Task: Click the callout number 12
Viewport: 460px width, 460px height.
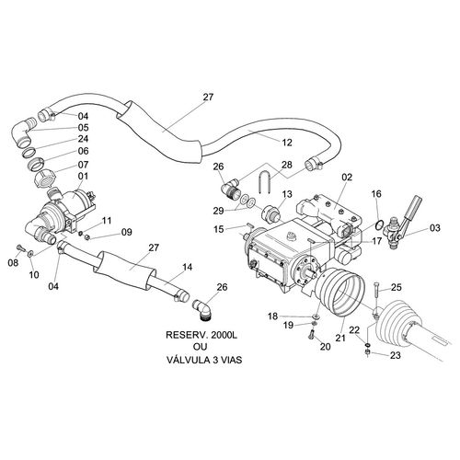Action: (287, 143)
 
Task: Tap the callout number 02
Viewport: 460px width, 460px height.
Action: (347, 178)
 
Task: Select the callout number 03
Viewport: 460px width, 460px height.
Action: (434, 228)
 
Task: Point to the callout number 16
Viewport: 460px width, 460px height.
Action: (376, 194)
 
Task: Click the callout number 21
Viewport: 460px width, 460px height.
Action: (340, 338)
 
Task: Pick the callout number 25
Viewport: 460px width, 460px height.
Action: (397, 287)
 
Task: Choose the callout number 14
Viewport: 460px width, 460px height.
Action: (187, 267)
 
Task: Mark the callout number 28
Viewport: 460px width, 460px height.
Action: (287, 165)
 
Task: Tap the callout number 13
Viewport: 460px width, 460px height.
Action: (287, 194)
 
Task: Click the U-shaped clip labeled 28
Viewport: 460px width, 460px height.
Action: (264, 181)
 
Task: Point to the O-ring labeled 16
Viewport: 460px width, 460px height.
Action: (379, 224)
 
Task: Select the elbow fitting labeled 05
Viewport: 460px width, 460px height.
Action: (24, 132)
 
